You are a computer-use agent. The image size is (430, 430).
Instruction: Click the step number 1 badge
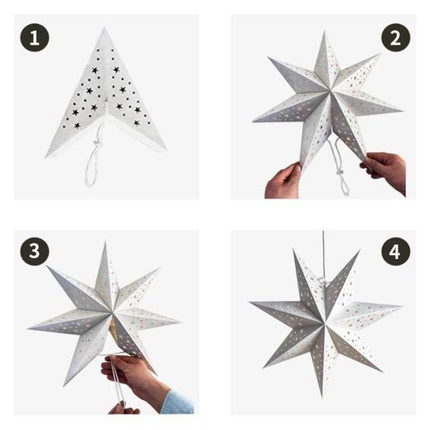pyautogui.click(x=34, y=38)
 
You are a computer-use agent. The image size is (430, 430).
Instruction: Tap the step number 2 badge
pyautogui.click(x=396, y=38)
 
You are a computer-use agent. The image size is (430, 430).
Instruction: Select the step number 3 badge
pyautogui.click(x=34, y=251)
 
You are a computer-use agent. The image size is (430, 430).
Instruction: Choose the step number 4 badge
pyautogui.click(x=396, y=251)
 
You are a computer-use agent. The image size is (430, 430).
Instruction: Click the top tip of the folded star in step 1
pyautogui.click(x=104, y=28)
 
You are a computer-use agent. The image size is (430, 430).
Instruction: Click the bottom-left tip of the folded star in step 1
pyautogui.click(x=46, y=157)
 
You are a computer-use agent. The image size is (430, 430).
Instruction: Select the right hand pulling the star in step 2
pyautogui.click(x=385, y=169)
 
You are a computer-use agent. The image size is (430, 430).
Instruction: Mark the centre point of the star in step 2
pyautogui.click(x=329, y=92)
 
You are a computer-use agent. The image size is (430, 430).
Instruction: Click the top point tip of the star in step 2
pyautogui.click(x=324, y=32)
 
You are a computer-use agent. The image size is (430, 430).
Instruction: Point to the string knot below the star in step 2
pyautogui.click(x=341, y=173)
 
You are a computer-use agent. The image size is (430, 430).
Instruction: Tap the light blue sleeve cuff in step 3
pyautogui.click(x=177, y=402)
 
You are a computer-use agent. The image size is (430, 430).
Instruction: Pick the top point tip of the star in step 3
pyautogui.click(x=105, y=243)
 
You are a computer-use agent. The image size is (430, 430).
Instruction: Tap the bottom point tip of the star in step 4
pyautogui.click(x=322, y=396)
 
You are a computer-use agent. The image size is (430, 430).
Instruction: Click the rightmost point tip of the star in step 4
pyautogui.click(x=402, y=306)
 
